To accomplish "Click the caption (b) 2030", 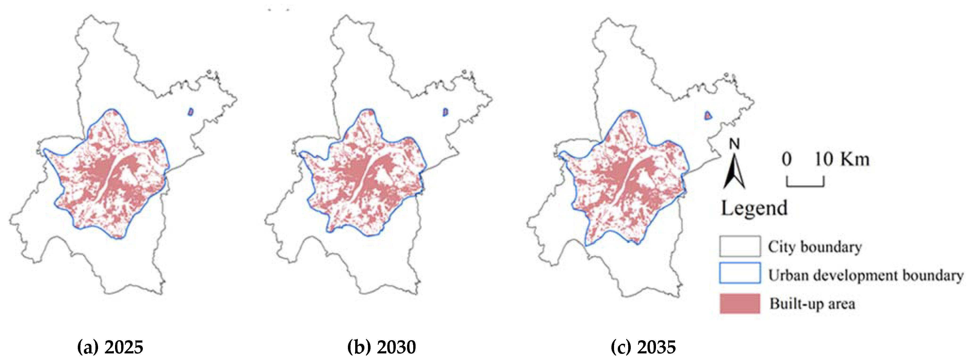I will click(x=381, y=347).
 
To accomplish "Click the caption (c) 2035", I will click(x=643, y=347).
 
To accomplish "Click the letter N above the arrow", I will click(x=734, y=144).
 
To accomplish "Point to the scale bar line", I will click(x=805, y=185).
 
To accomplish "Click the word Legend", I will click(x=754, y=208).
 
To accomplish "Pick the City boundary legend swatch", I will click(x=740, y=246).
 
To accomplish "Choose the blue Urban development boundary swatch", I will click(x=740, y=273).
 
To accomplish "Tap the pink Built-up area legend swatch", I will click(x=740, y=303).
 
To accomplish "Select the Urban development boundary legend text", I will click(x=865, y=275).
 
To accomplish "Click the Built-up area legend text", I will click(x=812, y=304).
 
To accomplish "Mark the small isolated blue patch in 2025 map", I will click(x=191, y=111).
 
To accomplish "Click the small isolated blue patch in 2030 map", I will click(x=445, y=112).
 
